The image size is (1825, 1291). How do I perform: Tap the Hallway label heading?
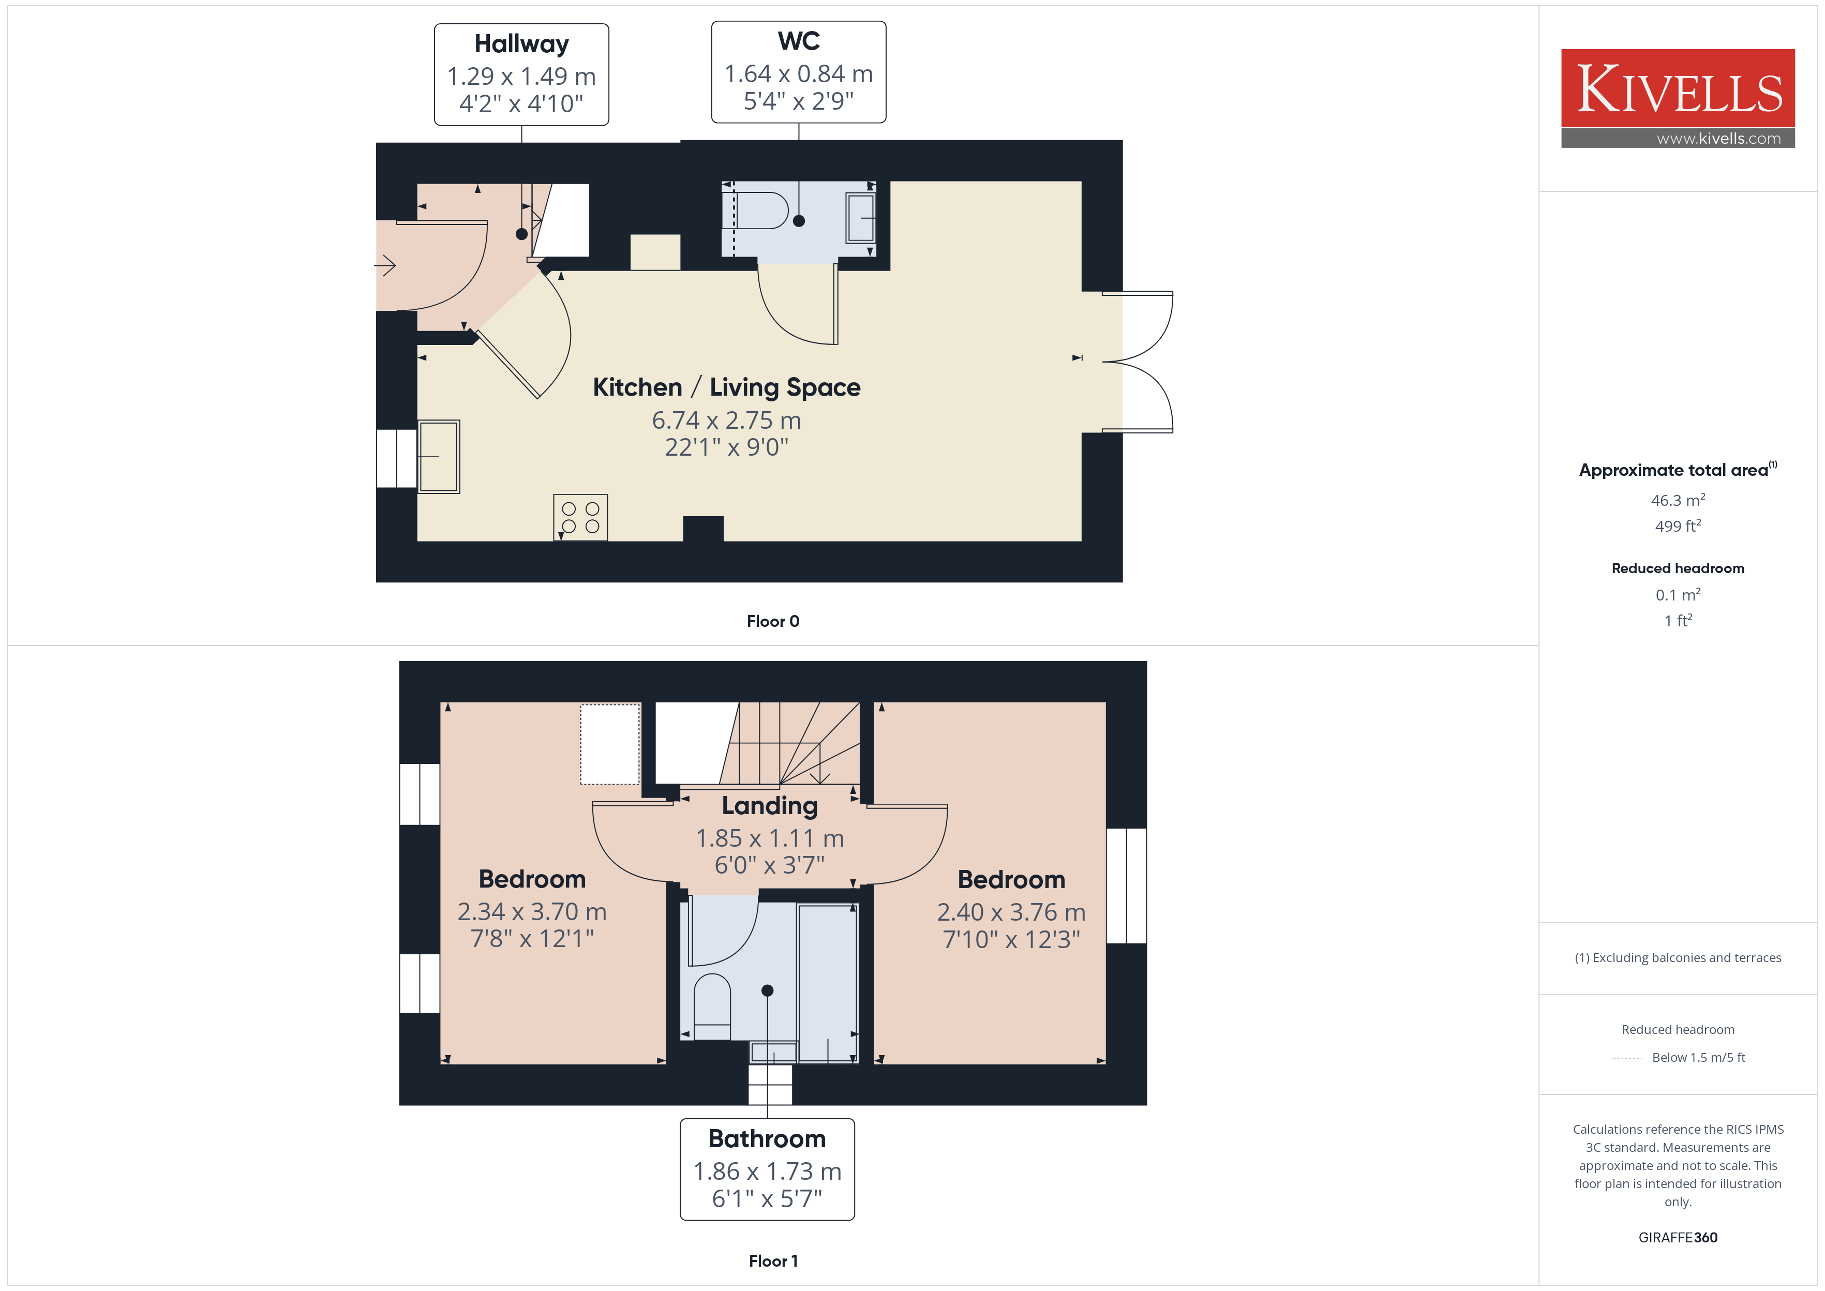521,44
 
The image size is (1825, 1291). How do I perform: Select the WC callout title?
799,40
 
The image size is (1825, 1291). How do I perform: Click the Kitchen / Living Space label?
726,387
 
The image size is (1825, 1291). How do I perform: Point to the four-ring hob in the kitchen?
580,518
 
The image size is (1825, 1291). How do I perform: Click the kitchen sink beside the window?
438,456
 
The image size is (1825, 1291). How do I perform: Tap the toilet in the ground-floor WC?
761,211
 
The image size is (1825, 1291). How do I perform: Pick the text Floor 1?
773,1262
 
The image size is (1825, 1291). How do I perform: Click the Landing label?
769,806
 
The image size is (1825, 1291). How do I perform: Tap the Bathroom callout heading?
767,1139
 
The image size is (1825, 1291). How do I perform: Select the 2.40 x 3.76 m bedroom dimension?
1011,912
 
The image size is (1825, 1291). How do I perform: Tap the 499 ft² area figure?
1678,526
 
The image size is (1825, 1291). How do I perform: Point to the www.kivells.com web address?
1718,138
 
